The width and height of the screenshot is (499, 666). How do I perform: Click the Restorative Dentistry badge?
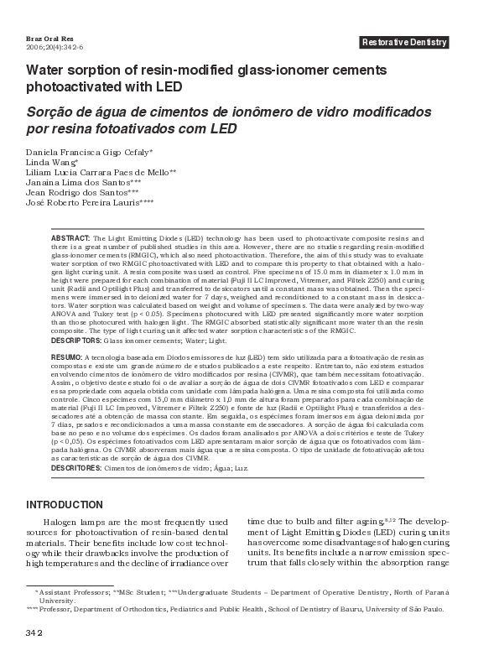point(404,43)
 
